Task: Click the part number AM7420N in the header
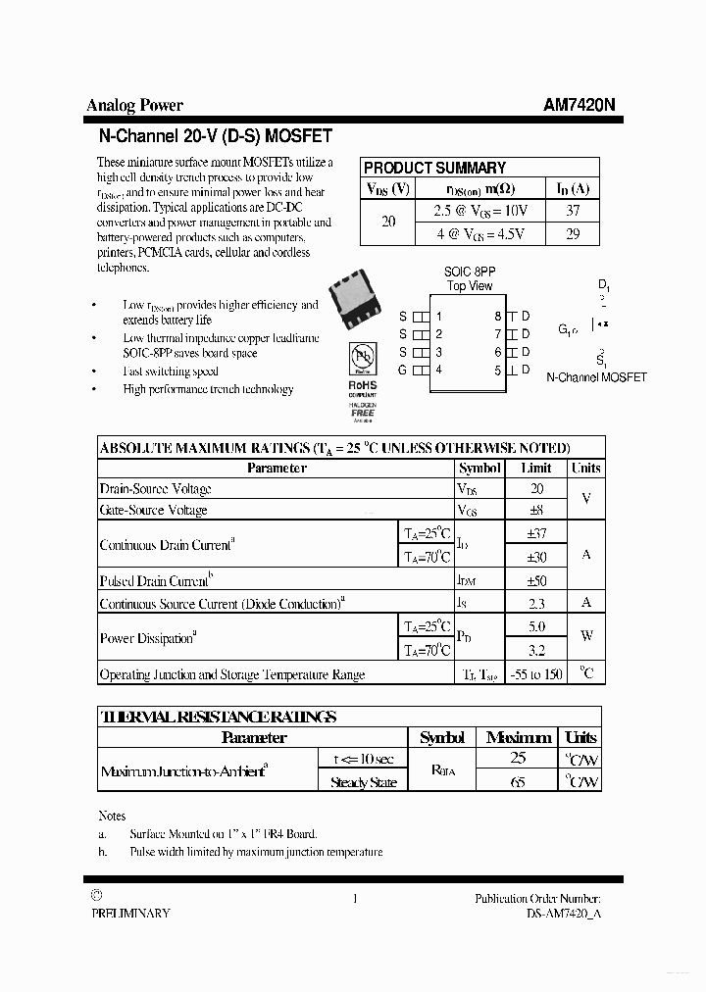click(580, 106)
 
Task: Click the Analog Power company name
click(134, 106)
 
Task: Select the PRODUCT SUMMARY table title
click(434, 168)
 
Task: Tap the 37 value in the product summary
click(574, 210)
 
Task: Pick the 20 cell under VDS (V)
click(388, 222)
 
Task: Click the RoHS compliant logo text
click(362, 386)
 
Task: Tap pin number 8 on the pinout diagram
click(498, 316)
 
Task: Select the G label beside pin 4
click(402, 370)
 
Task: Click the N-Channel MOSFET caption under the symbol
click(596, 377)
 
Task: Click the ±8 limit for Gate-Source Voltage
click(536, 510)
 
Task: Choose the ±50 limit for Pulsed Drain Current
click(536, 580)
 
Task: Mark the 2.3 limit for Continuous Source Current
click(536, 604)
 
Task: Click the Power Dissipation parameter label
click(148, 638)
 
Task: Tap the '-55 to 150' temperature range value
click(536, 674)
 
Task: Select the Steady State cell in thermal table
click(363, 782)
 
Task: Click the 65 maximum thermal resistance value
click(519, 782)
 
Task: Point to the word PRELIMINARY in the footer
click(130, 913)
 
